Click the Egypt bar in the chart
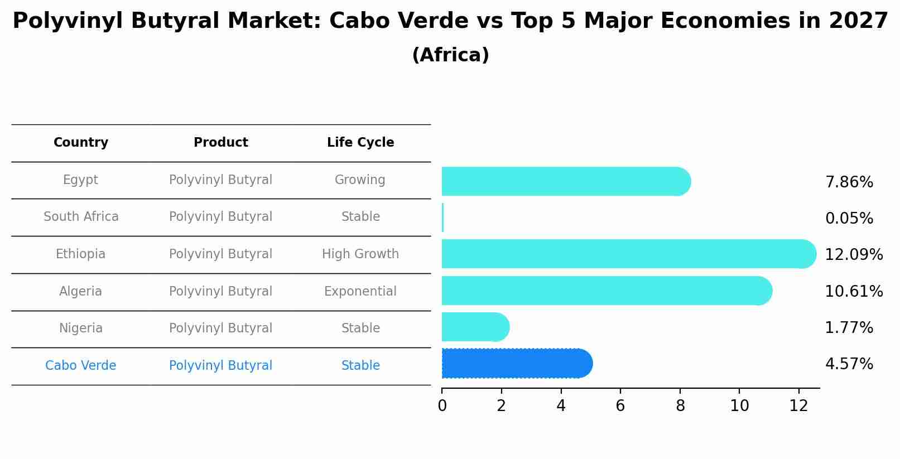564,181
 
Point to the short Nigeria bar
474,327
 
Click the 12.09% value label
854,255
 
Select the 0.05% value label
849,219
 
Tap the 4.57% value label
849,364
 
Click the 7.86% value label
849,182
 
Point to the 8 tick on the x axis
680,406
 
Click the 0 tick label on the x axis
442,406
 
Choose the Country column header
81,143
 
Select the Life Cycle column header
360,143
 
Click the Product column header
221,143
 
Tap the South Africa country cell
81,217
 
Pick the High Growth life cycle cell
360,254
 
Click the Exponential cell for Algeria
360,292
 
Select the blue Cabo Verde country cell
81,366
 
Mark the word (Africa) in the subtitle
450,55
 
